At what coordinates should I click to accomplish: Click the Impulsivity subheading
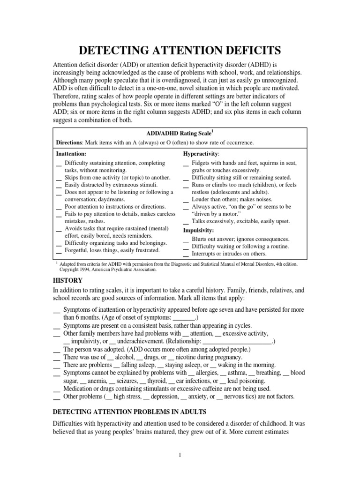[198, 230]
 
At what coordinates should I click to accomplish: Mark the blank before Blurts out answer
[186, 240]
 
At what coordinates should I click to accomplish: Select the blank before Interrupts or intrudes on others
[186, 255]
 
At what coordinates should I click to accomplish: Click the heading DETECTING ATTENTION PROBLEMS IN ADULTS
[130, 412]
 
